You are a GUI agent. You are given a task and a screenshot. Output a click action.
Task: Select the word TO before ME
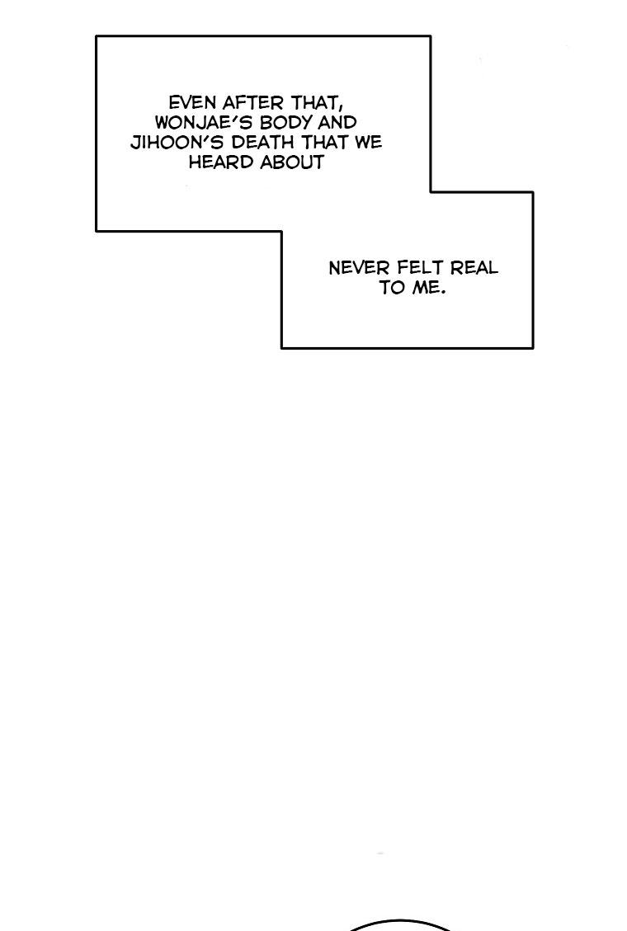pos(392,288)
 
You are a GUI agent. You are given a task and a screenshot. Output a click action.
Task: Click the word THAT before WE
pos(325,143)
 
